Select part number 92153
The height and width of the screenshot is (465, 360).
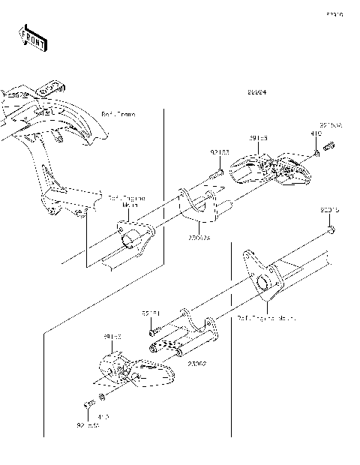219,152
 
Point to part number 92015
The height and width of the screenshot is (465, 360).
331,211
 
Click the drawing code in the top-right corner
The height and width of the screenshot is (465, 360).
334,13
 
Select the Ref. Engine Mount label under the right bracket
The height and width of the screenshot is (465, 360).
266,318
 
